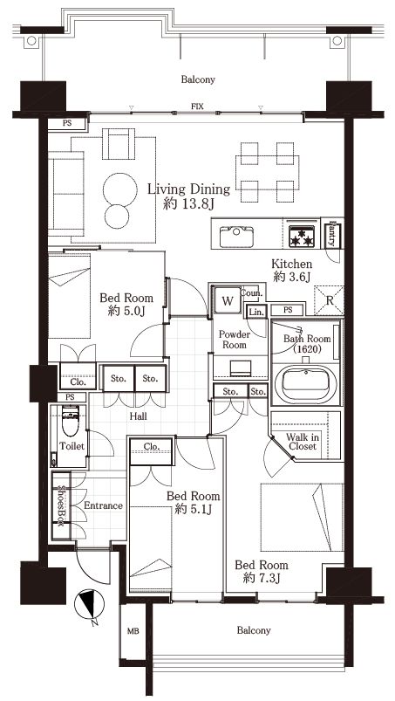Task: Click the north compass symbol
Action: [x=89, y=605]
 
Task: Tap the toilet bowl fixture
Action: [x=71, y=420]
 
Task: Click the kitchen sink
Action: [x=236, y=237]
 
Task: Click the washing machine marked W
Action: [x=228, y=300]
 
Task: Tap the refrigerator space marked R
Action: [x=329, y=300]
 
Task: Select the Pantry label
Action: [x=332, y=235]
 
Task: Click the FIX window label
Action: [x=197, y=107]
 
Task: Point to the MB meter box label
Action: [x=133, y=631]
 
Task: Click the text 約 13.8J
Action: [x=189, y=204]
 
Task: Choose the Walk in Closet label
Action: [x=303, y=442]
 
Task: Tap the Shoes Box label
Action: [x=61, y=505]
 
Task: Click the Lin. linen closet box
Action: [x=256, y=312]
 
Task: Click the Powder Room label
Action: [x=235, y=340]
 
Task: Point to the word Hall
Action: [x=139, y=416]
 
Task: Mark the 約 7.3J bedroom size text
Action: [x=262, y=578]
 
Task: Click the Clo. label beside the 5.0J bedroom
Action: [x=78, y=382]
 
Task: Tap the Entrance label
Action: [x=103, y=505]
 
